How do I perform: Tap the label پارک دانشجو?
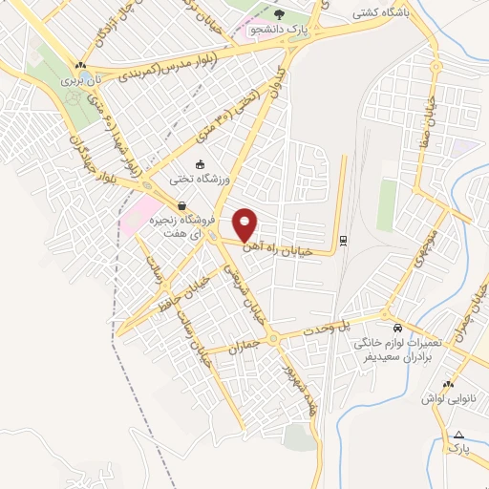[x=278, y=29]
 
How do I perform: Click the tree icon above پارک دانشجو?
[x=279, y=14]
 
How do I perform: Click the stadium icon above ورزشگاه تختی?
[x=199, y=163]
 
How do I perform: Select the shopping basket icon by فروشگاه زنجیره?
[x=181, y=205]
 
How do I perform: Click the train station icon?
[x=344, y=240]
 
